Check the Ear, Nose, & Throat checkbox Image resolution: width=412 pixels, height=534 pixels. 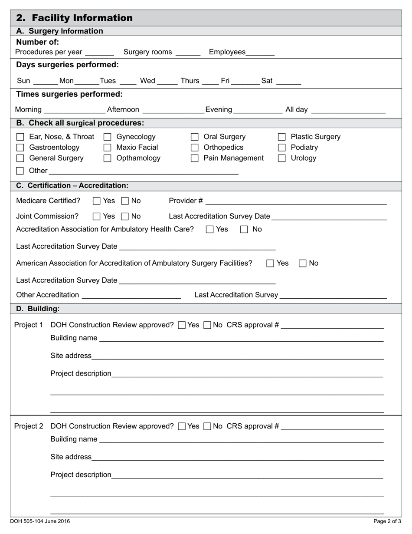(20, 137)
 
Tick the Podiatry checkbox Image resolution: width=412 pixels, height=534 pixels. (282, 148)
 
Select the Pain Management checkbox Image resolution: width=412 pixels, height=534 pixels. (195, 158)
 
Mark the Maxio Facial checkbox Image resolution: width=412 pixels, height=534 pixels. (108, 148)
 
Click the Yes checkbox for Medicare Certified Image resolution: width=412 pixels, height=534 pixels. (97, 201)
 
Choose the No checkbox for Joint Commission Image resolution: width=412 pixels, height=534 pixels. (125, 216)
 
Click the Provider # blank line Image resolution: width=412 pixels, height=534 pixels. (296, 201)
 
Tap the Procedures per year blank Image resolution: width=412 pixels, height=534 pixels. (100, 53)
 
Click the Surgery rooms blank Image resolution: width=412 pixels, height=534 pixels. (188, 53)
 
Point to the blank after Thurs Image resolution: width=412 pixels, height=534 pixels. (210, 81)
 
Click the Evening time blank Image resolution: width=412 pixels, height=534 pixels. (258, 110)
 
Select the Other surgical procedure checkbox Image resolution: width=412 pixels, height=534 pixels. (20, 171)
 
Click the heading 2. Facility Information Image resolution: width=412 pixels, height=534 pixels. (74, 18)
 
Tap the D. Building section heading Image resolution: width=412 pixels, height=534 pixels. (38, 309)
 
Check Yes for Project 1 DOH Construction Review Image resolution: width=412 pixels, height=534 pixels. (182, 325)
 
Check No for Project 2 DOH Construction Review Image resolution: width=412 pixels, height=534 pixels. (207, 426)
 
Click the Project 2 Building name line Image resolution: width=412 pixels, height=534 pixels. (241, 439)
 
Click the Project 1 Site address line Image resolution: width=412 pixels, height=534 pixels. (238, 356)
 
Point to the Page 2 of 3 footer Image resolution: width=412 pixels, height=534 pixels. (387, 521)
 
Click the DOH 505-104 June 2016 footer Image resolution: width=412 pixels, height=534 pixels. (40, 521)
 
